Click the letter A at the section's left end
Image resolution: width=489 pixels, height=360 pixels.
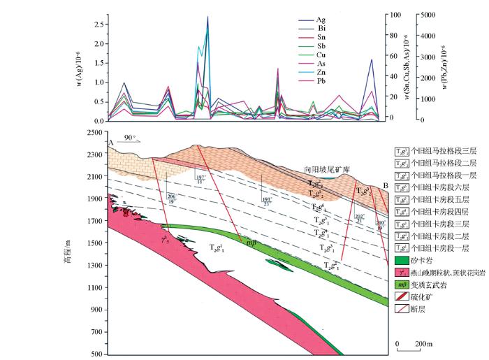pyautogui.click(x=111, y=143)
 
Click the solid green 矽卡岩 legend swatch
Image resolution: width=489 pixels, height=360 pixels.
pyautogui.click(x=401, y=259)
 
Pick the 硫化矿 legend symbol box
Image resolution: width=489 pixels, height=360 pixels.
pyautogui.click(x=401, y=296)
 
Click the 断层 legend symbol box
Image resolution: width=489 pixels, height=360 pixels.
pyautogui.click(x=401, y=308)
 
